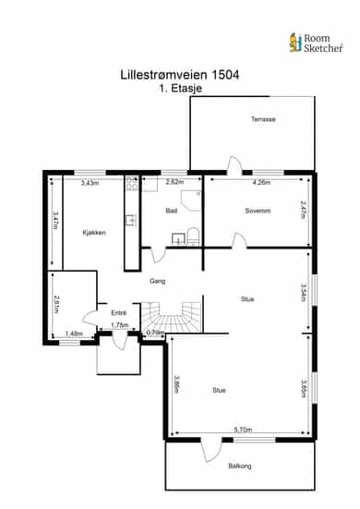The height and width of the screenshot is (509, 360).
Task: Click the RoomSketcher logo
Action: (x=316, y=42)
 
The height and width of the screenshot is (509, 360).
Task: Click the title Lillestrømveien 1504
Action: (x=180, y=75)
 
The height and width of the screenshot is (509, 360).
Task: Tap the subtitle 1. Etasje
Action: (x=180, y=89)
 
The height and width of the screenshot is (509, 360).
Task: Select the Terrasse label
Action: (x=263, y=119)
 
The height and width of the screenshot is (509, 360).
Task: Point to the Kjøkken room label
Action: (x=94, y=233)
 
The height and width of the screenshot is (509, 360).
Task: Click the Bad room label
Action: (x=172, y=211)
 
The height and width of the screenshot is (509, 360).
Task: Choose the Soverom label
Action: (x=258, y=211)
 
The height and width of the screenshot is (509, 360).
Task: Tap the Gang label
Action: (x=157, y=281)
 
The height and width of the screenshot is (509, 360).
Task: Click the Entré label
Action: (x=118, y=313)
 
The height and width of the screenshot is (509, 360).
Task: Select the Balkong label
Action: (x=240, y=466)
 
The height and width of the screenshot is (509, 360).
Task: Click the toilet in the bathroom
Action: (x=193, y=236)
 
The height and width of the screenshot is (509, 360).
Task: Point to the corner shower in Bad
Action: (x=191, y=200)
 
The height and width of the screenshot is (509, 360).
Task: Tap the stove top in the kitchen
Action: (x=132, y=184)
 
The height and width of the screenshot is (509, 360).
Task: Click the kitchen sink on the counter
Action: (x=131, y=221)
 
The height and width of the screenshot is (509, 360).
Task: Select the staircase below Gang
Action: (x=172, y=317)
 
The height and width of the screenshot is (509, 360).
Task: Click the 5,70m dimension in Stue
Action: (x=243, y=430)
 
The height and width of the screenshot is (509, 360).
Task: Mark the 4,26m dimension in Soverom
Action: (x=261, y=182)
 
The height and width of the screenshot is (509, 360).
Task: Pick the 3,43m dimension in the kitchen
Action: (x=90, y=183)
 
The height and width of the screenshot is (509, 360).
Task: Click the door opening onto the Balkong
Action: (x=210, y=450)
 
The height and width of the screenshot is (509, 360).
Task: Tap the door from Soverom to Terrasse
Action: (x=234, y=166)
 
